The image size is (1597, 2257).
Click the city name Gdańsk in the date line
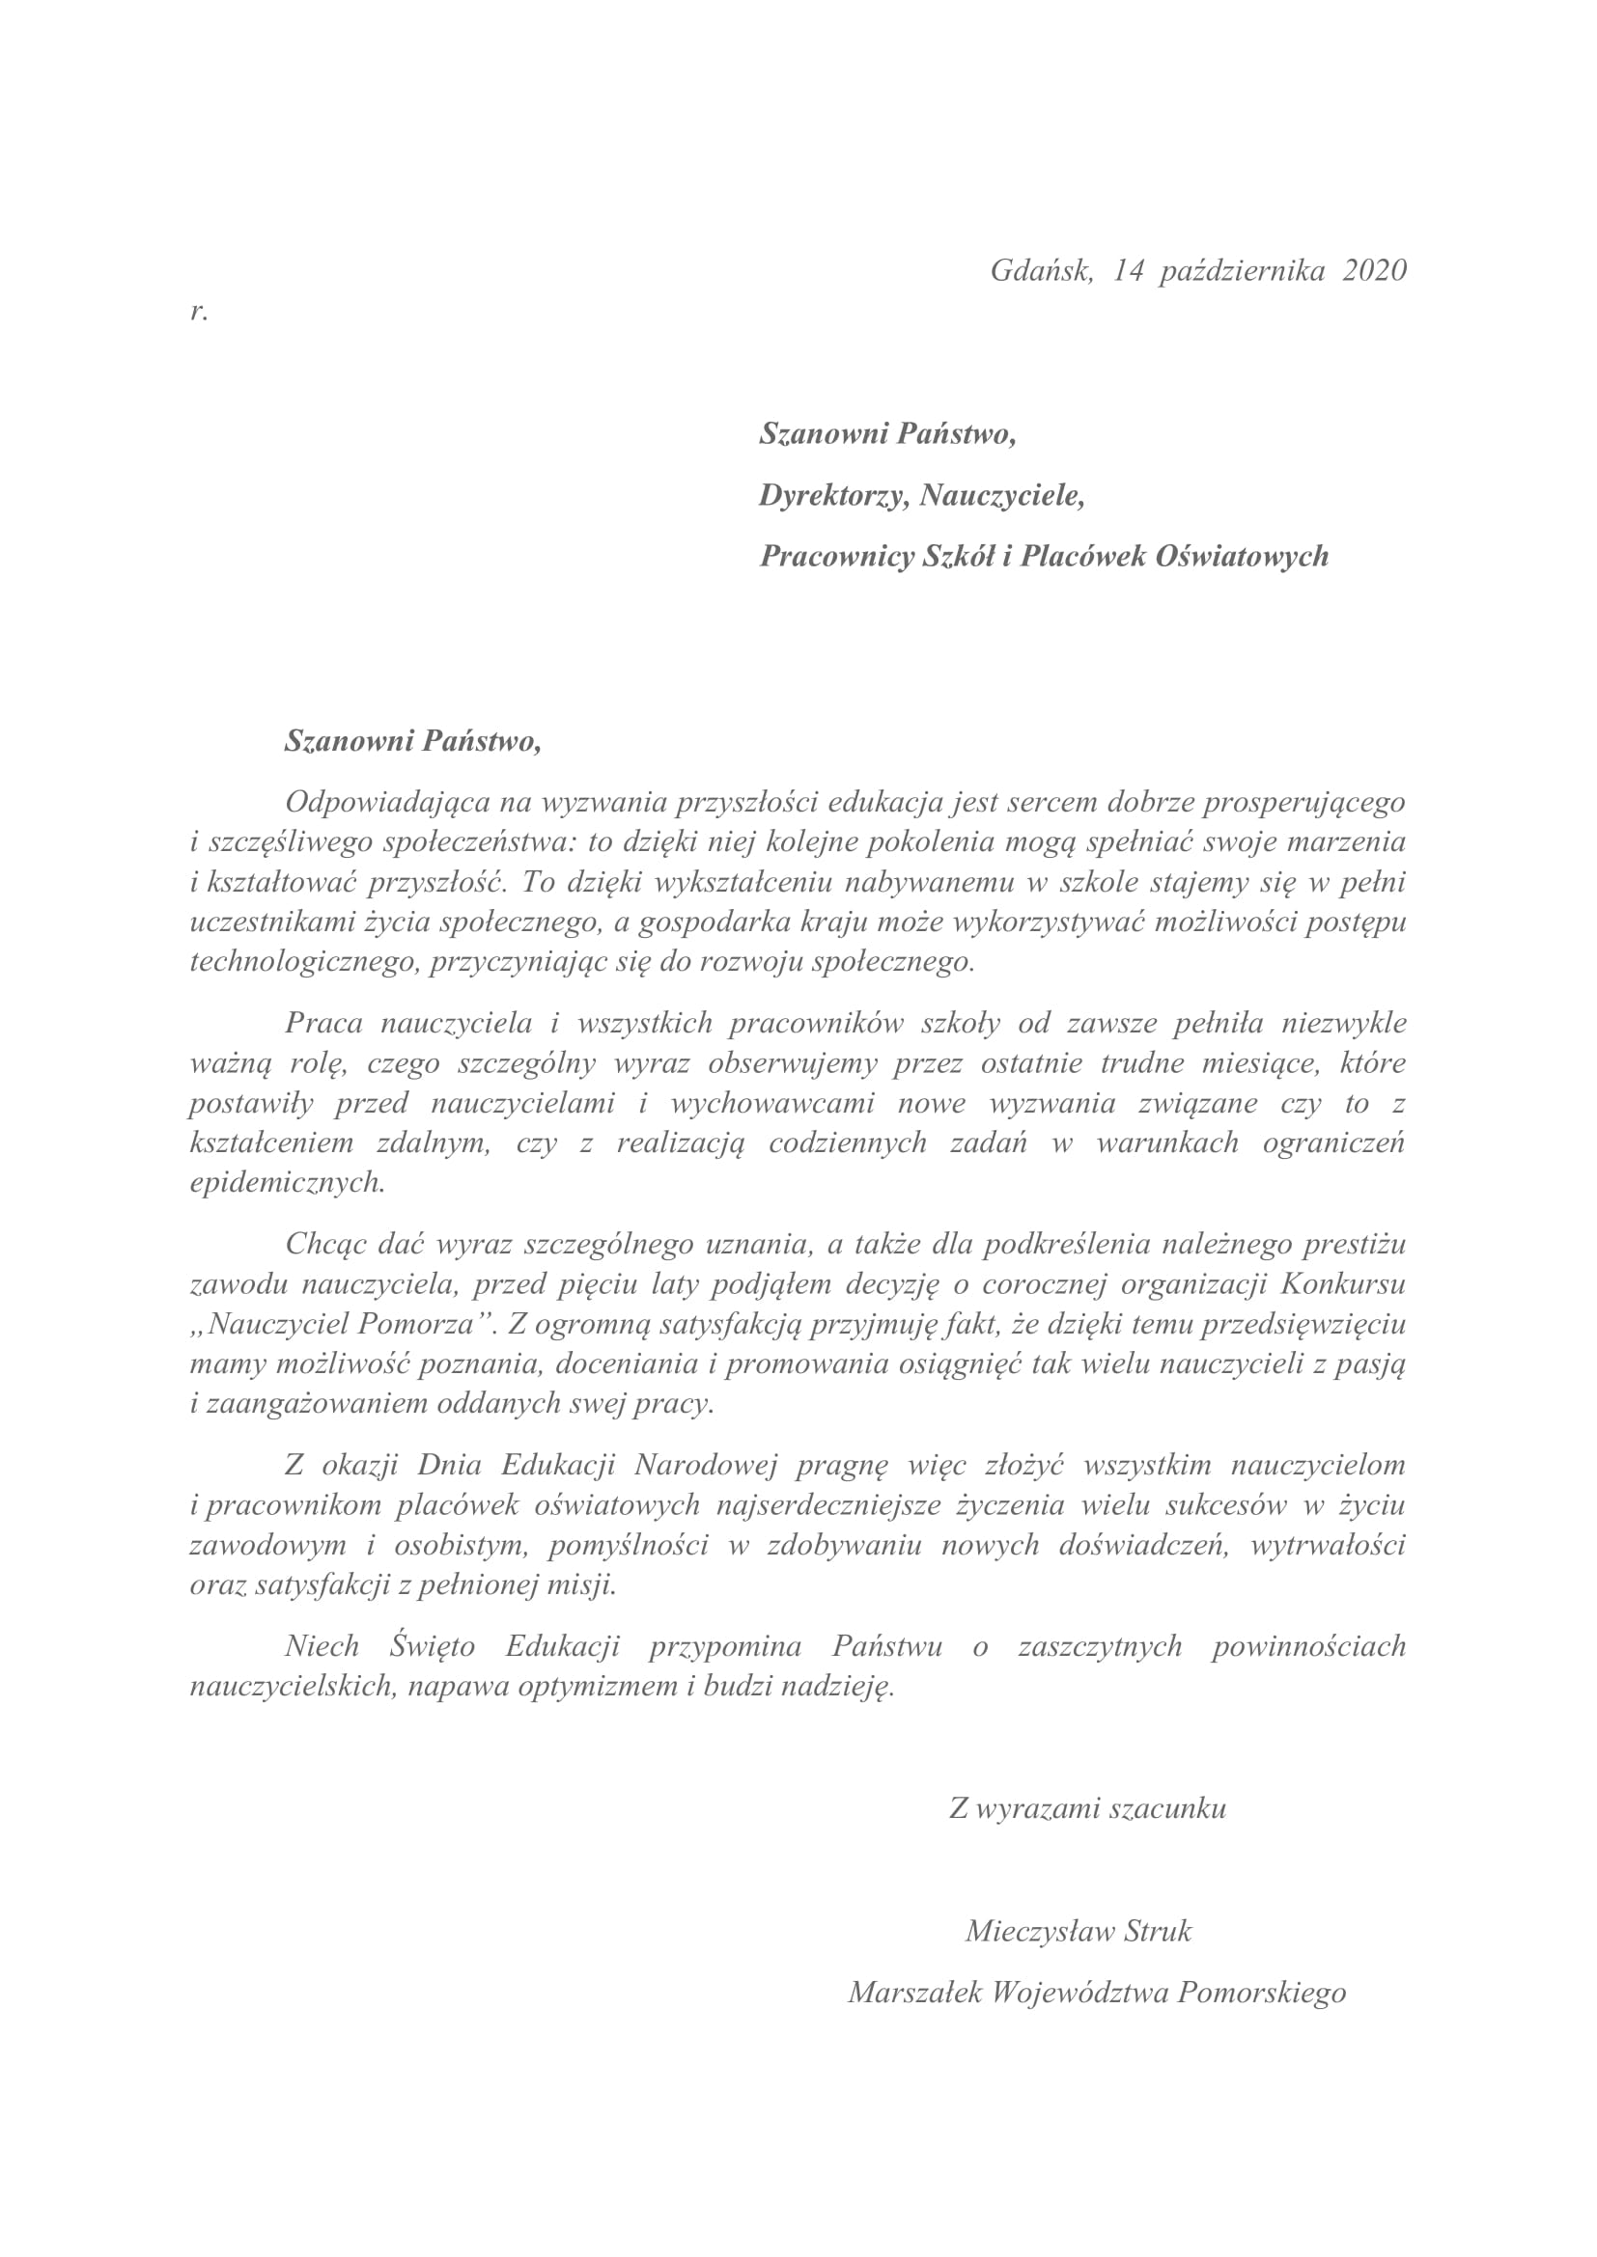(x=1041, y=270)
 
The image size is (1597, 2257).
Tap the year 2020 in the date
(x=1374, y=270)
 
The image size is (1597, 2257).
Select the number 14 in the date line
(x=1128, y=270)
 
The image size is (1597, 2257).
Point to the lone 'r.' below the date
(x=199, y=312)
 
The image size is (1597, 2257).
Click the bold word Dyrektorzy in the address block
(x=834, y=495)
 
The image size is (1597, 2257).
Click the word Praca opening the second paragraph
(x=323, y=1023)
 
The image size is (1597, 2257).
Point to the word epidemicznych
(x=286, y=1183)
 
